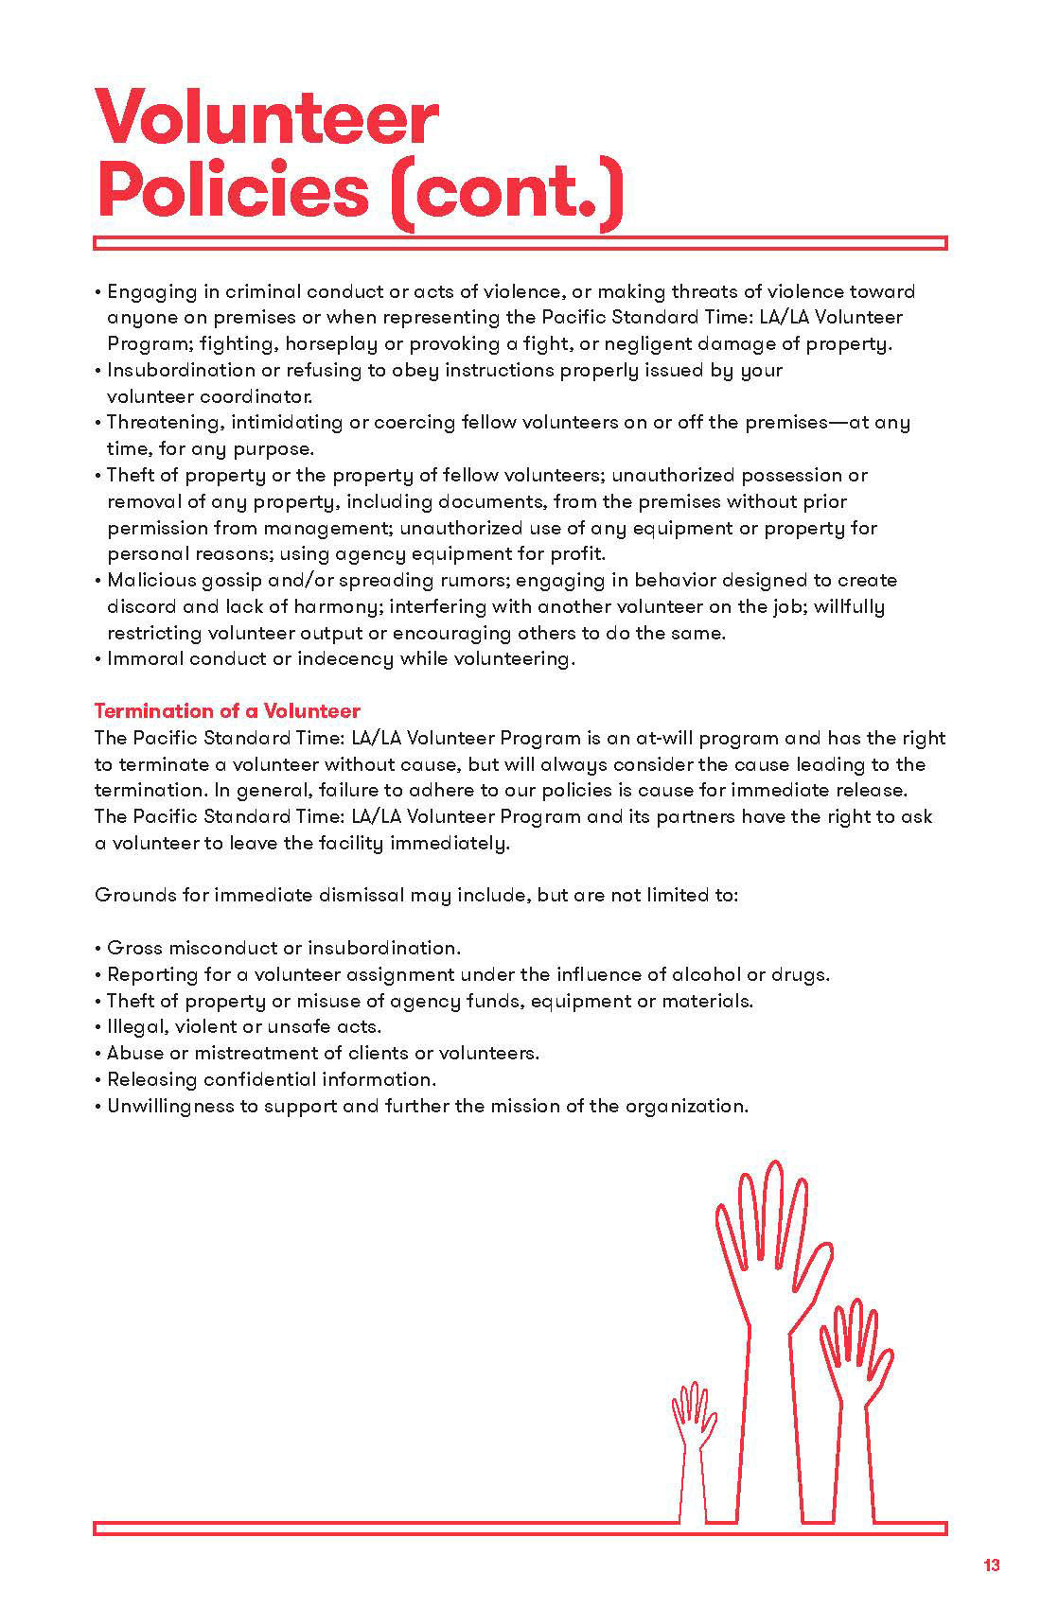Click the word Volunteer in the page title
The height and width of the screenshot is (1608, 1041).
(x=267, y=119)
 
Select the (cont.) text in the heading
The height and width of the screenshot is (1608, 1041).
(x=507, y=191)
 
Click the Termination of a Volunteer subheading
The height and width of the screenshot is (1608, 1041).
(x=227, y=711)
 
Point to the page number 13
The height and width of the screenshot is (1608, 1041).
(x=991, y=1565)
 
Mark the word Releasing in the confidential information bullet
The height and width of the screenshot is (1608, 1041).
(x=150, y=1079)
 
